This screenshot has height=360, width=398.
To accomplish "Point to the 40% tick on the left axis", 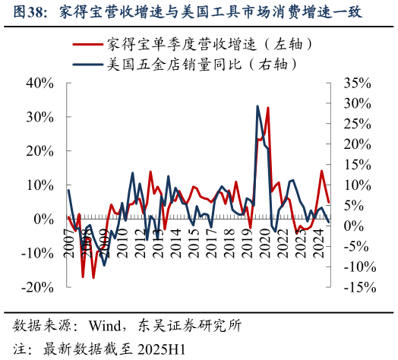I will [39, 83].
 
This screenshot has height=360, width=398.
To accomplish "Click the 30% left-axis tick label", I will [39, 117].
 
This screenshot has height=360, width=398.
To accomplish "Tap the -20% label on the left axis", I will [37, 287].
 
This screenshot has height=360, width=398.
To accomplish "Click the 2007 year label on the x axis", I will [69, 245].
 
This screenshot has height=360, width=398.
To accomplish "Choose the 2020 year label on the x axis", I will [265, 245].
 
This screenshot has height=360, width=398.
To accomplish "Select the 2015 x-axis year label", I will [194, 245].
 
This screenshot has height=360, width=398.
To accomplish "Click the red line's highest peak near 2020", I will [268, 108].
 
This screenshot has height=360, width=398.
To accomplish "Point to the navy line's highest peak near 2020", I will [257, 106].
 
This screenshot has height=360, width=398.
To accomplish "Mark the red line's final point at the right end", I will [328, 203].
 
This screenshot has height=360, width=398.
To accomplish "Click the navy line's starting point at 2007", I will [68, 190].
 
